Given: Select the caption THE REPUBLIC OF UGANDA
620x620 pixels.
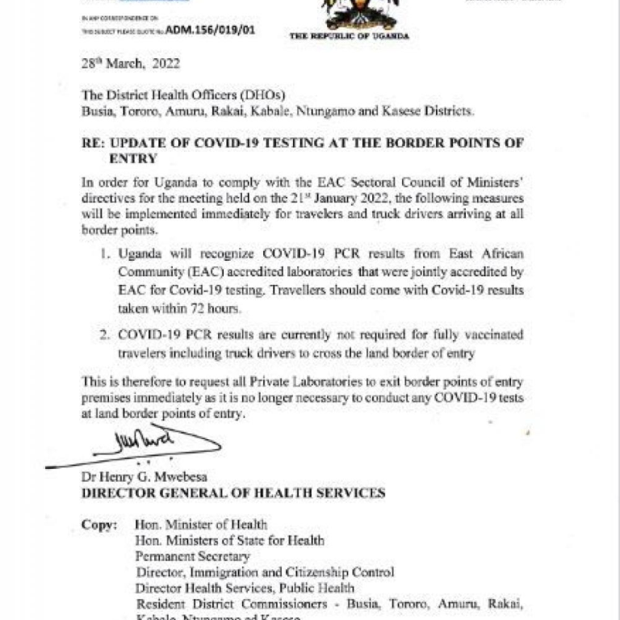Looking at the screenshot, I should tap(349, 36).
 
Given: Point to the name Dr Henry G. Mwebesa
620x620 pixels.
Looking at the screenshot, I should tap(139, 477).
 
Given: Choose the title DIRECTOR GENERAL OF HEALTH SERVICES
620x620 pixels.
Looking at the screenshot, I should tap(232, 493).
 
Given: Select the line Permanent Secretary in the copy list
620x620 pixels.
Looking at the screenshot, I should tap(193, 556).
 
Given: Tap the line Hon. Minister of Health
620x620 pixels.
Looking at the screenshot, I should tap(201, 525).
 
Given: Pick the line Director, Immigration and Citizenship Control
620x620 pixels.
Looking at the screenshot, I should tap(265, 572).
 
